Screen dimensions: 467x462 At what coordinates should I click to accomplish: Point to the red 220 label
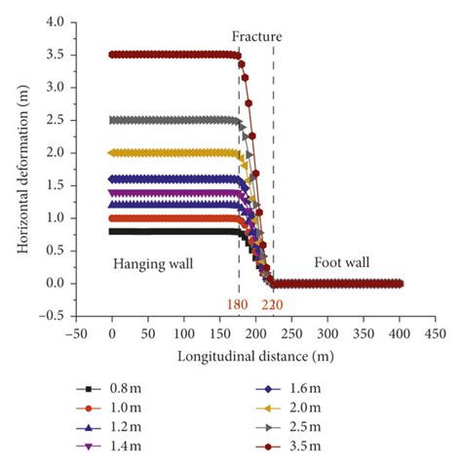[x=274, y=304]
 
